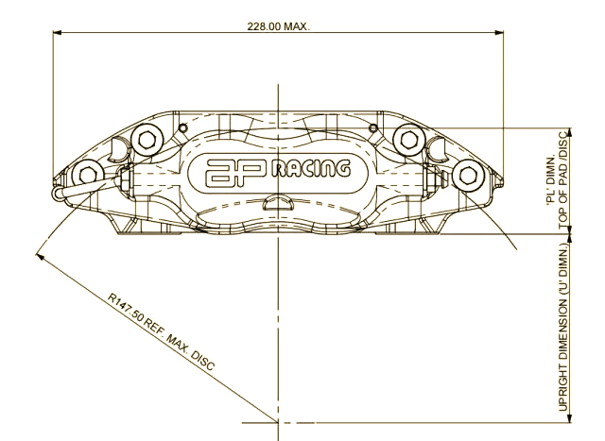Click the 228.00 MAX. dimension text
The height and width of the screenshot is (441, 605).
click(x=278, y=26)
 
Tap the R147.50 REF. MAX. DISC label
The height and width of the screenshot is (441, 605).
click(x=161, y=331)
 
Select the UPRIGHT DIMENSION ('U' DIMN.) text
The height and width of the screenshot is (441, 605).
click(x=563, y=328)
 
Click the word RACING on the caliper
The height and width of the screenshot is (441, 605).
click(x=311, y=169)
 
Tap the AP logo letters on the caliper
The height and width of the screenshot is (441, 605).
click(x=236, y=173)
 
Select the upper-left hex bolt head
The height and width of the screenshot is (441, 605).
click(x=146, y=139)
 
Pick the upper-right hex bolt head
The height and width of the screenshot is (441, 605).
click(x=408, y=139)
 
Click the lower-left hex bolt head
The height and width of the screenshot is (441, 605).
click(x=88, y=176)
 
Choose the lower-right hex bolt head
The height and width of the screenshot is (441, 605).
click(x=467, y=175)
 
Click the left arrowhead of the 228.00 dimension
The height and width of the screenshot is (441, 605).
click(x=57, y=33)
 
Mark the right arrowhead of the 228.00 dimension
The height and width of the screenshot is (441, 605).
click(x=499, y=33)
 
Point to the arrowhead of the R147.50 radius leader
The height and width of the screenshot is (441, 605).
click(x=39, y=256)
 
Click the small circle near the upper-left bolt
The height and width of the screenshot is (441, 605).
click(x=182, y=127)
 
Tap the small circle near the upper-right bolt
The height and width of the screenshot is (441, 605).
click(x=373, y=127)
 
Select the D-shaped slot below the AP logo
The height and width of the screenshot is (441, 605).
click(x=278, y=203)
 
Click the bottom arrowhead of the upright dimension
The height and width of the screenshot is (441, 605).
click(x=570, y=418)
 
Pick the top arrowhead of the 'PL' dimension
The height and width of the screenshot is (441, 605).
click(x=570, y=132)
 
